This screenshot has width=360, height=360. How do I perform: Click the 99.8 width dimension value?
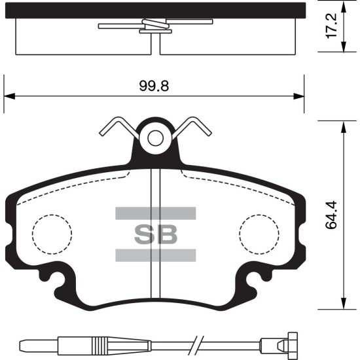coord(154,86)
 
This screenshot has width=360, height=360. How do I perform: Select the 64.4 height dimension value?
coord(331,215)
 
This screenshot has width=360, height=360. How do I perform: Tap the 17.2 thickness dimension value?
coord(331,26)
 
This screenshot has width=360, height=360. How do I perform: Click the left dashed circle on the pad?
coord(52,234)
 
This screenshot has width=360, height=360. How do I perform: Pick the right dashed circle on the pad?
coord(259,234)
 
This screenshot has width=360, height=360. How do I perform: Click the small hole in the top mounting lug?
coord(155,138)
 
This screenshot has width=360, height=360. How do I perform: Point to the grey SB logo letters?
coord(156,234)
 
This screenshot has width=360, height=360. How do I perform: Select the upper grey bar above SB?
coord(156,213)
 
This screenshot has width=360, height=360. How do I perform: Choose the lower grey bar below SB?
coord(156,255)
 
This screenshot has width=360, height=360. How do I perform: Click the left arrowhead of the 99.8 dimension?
coord(9,96)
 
